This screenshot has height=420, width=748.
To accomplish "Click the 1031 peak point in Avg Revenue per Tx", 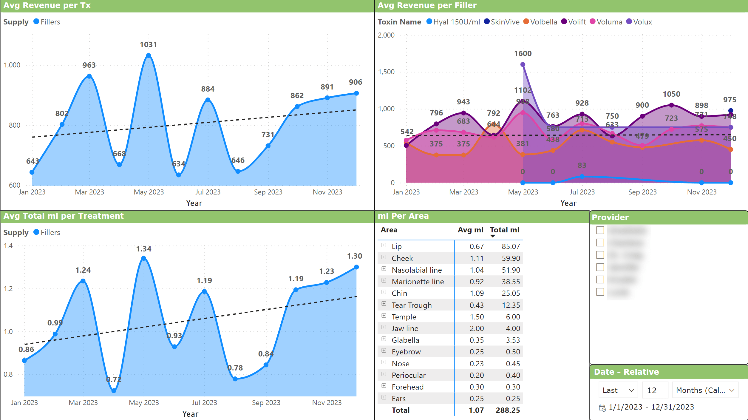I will tap(149, 55).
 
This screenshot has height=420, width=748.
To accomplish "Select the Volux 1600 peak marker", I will tap(523, 64).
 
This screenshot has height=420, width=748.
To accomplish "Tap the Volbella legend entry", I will tap(540, 22).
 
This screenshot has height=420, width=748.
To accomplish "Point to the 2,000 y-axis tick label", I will tap(386, 35).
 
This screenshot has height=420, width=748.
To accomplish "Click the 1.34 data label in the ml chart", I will tap(144, 249).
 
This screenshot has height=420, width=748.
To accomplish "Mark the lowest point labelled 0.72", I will tap(114, 390).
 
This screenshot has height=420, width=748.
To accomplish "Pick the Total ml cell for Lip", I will tap(511, 246).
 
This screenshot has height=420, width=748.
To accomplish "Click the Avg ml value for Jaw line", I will tap(477, 328).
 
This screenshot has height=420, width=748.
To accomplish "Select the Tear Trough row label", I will tap(412, 305).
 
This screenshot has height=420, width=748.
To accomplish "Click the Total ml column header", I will tap(504, 230).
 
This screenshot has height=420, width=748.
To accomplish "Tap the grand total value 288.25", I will tap(508, 410).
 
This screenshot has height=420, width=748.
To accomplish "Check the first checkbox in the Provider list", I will tap(600, 230).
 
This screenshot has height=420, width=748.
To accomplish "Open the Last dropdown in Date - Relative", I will tap(618, 390).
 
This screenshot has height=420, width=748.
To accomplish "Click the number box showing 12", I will tap(655, 390).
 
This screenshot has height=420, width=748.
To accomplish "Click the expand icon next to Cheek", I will tap(384, 257).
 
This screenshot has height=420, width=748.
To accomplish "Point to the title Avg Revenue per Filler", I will tap(427, 5).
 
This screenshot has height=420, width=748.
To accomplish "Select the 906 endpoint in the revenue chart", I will tap(356, 93).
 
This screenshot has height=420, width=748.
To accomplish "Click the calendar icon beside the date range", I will tap(602, 407).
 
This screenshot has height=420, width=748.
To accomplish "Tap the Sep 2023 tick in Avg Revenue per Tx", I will tap(268, 192).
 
